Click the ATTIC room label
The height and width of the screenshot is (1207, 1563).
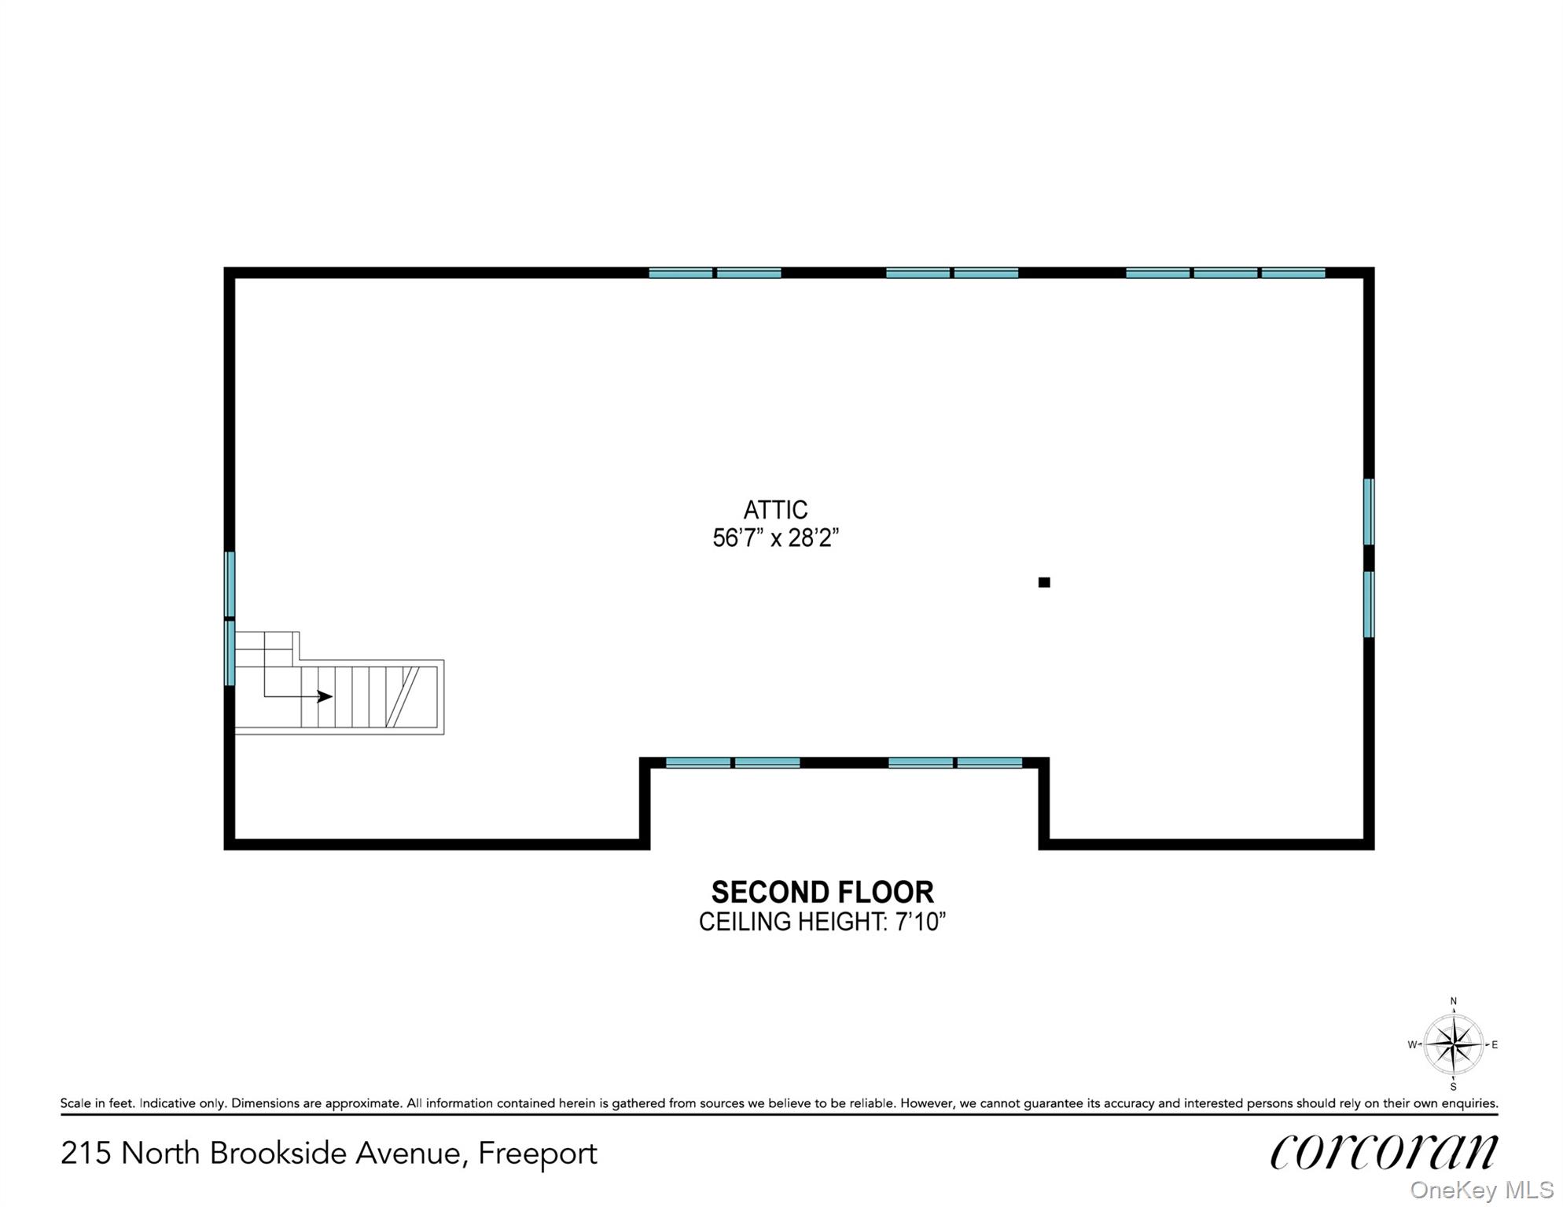click(x=775, y=510)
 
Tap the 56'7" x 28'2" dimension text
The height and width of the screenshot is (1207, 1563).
click(x=775, y=538)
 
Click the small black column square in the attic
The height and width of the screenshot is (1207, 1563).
click(x=1044, y=582)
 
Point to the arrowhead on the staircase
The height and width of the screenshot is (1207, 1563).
click(x=325, y=696)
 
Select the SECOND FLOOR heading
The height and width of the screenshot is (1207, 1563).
click(x=822, y=893)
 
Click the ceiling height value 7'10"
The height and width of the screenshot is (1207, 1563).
click(x=920, y=921)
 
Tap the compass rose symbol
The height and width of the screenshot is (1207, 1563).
click(x=1454, y=1044)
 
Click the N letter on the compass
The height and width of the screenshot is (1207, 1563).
click(x=1454, y=1001)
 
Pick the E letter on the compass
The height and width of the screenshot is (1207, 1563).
click(x=1495, y=1044)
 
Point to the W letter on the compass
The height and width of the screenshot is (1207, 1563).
click(x=1412, y=1044)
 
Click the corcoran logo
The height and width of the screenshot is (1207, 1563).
click(x=1384, y=1151)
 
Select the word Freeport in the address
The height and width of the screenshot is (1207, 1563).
click(x=538, y=1154)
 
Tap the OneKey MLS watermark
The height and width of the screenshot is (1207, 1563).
click(x=1481, y=1190)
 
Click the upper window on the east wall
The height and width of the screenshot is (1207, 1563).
click(x=1369, y=512)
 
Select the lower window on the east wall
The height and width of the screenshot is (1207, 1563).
click(x=1369, y=604)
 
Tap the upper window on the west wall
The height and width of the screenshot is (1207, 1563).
click(x=230, y=585)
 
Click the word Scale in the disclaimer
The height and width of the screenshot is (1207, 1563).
click(x=75, y=1103)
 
